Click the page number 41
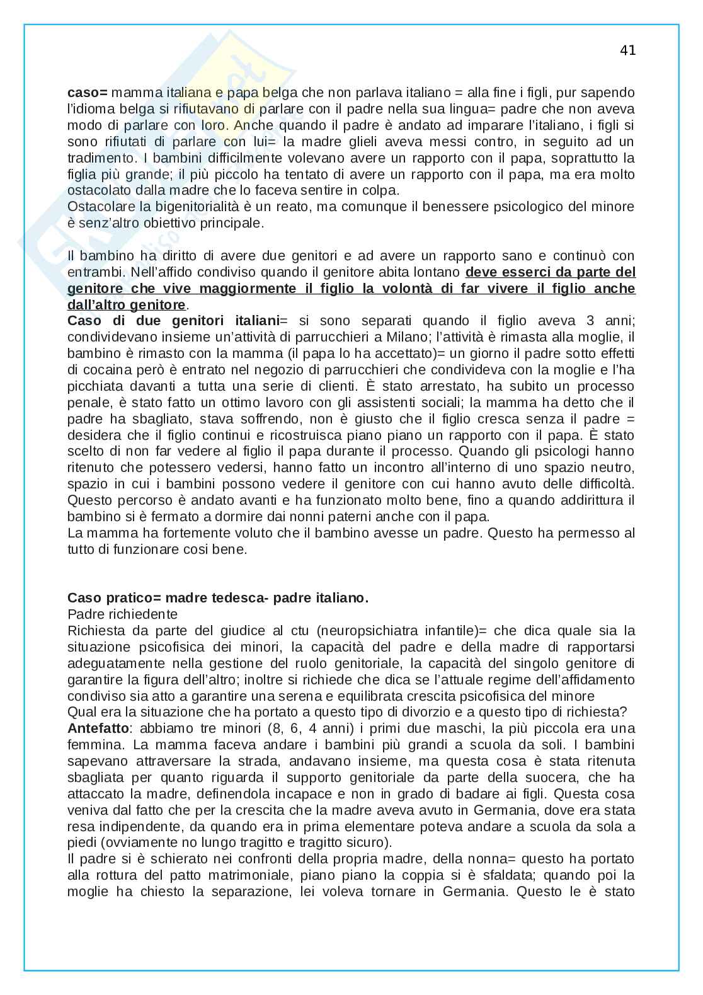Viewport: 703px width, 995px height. pyautogui.click(x=627, y=51)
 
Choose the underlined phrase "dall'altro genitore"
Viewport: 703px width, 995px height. pyautogui.click(x=127, y=305)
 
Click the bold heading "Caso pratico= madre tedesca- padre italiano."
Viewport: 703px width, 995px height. pyautogui.click(x=217, y=598)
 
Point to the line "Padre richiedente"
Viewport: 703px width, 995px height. pyautogui.click(x=122, y=614)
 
